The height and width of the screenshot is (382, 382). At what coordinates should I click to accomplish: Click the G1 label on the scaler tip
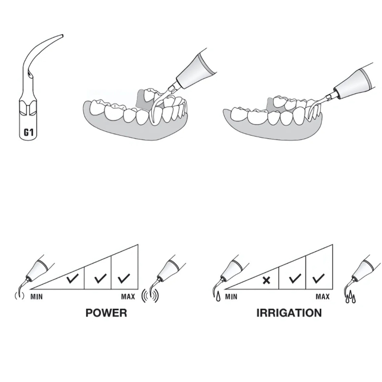28,133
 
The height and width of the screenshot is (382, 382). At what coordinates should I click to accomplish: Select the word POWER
106,313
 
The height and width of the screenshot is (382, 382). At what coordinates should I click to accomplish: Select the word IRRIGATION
289,313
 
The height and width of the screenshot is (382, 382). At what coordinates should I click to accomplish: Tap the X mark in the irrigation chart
266,280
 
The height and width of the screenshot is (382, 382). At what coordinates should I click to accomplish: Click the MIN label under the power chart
37,297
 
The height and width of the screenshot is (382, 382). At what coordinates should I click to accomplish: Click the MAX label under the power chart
128,297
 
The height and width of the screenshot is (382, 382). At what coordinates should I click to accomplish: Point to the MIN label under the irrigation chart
231,297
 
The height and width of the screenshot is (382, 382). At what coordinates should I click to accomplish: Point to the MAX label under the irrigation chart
323,297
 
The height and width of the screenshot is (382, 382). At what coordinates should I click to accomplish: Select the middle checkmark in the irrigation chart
295,279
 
